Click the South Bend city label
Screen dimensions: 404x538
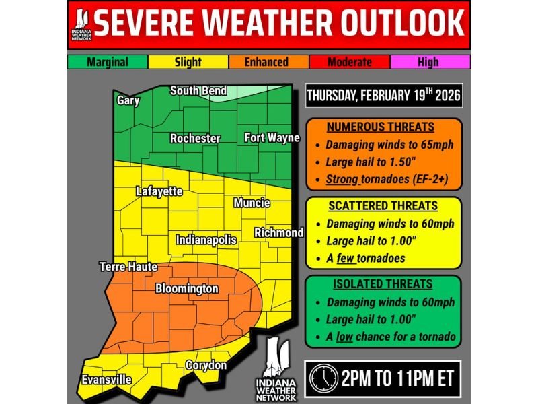(198, 91)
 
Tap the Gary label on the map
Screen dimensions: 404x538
(128, 100)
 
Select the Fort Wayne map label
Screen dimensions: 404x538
(272, 138)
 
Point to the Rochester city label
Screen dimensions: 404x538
(195, 139)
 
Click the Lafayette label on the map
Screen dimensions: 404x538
(159, 191)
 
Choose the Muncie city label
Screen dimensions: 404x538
(252, 203)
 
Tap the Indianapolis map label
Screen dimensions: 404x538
(206, 240)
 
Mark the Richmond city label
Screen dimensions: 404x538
(278, 233)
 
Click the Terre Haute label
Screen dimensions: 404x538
(128, 267)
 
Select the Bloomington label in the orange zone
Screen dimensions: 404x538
(187, 289)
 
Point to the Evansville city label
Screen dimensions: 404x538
(106, 380)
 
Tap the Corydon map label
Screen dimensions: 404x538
(206, 365)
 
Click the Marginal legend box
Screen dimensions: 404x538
(108, 62)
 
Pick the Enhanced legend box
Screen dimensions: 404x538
(267, 62)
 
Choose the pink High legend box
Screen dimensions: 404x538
(428, 62)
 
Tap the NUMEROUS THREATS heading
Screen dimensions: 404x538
(381, 127)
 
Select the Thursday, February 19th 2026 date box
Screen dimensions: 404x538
(384, 96)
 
